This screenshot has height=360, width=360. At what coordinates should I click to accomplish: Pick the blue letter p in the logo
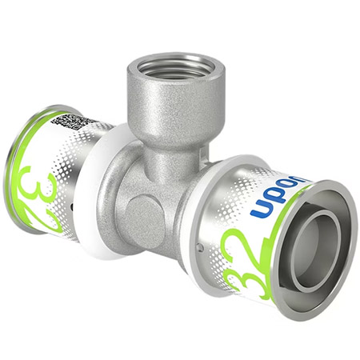270,201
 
